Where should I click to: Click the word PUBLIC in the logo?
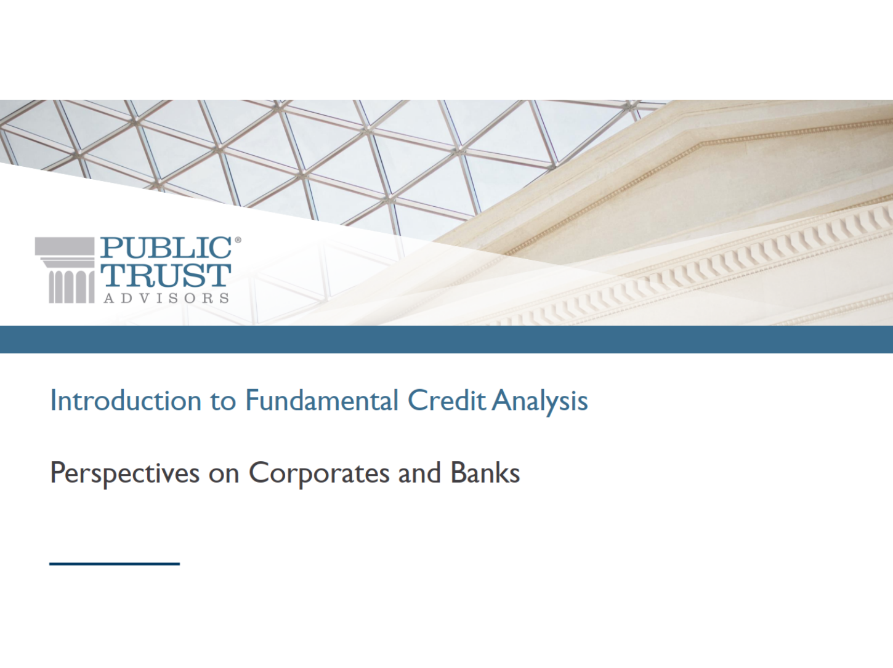[166, 247]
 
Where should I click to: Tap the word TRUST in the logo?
[166, 275]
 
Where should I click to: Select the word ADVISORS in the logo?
[166, 298]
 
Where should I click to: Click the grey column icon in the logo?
[65, 270]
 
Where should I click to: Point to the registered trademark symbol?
[238, 240]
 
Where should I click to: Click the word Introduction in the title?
[126, 400]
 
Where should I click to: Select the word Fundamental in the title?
[321, 400]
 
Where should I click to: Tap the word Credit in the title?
[446, 400]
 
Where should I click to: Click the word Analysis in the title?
[540, 401]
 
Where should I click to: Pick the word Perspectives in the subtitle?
[125, 474]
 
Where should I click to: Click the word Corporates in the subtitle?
[319, 474]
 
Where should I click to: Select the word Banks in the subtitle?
[485, 472]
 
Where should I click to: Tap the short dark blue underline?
[115, 564]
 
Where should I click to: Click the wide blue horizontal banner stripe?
[446, 339]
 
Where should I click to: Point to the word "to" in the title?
[224, 401]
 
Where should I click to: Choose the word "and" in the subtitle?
[420, 472]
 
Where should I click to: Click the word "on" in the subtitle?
[224, 476]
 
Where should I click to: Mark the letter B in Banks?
[458, 472]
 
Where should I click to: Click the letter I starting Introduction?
[52, 400]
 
